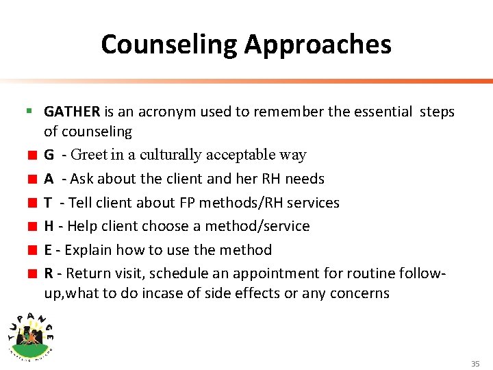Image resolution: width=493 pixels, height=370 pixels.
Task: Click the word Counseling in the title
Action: tap(168, 45)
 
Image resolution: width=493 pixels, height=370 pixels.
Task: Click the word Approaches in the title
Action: tap(318, 45)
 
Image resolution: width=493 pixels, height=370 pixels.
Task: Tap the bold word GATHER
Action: tap(72, 112)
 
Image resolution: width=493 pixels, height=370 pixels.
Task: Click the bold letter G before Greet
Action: tap(49, 155)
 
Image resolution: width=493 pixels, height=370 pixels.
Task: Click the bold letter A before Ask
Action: tap(49, 179)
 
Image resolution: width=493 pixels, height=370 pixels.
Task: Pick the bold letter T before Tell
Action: tap(49, 203)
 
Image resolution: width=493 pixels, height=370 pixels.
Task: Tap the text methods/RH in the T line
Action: tap(223, 203)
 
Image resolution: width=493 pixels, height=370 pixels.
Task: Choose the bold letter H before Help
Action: tap(49, 226)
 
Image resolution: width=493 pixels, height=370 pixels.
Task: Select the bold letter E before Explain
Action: tap(49, 250)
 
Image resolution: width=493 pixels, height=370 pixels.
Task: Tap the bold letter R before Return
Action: tap(49, 273)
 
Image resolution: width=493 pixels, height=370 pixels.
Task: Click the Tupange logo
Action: tap(31, 332)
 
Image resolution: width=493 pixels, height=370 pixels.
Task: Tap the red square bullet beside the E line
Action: tap(32, 250)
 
